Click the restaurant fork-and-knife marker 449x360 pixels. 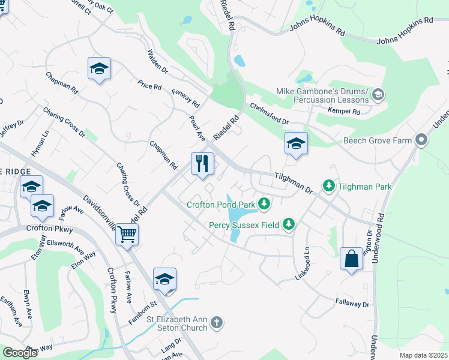(x=202, y=163)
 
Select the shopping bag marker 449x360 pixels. (x=351, y=259)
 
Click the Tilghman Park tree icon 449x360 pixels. (x=328, y=186)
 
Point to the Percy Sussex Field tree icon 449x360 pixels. (x=289, y=224)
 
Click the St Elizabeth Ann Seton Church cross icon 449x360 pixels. (x=217, y=323)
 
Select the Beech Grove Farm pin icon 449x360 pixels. (x=421, y=141)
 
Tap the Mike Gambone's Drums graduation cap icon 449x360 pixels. (x=378, y=94)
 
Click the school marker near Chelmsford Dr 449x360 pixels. (x=296, y=143)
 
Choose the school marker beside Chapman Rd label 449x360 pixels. (x=99, y=69)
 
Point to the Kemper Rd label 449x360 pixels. (x=344, y=112)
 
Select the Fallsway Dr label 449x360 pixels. (x=352, y=304)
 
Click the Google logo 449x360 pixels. (x=20, y=353)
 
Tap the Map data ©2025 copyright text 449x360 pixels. (x=424, y=355)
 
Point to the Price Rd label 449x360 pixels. (x=149, y=86)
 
